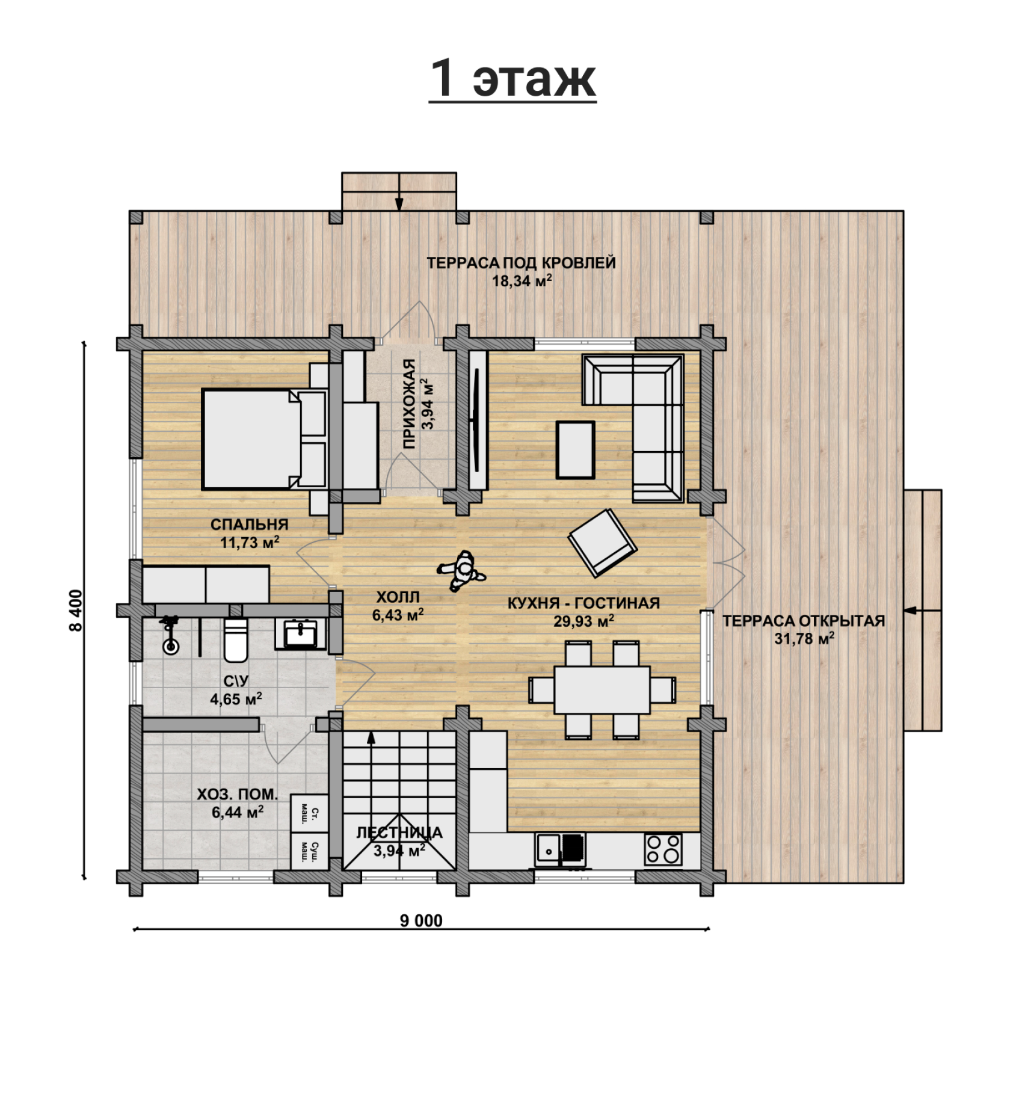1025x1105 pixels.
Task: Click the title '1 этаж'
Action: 512,79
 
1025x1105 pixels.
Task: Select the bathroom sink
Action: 301,634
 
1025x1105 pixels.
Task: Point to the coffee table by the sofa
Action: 575,449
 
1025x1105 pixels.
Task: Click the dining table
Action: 602,689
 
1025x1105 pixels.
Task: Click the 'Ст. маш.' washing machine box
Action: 309,813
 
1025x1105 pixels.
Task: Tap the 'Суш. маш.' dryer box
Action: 309,851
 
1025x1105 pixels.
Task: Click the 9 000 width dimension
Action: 421,920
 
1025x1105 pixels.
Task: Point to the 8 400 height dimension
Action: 76,610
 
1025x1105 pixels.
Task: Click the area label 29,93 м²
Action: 583,620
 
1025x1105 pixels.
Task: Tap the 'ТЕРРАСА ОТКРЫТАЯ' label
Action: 804,621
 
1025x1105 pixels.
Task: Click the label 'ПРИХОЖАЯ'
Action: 409,404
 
